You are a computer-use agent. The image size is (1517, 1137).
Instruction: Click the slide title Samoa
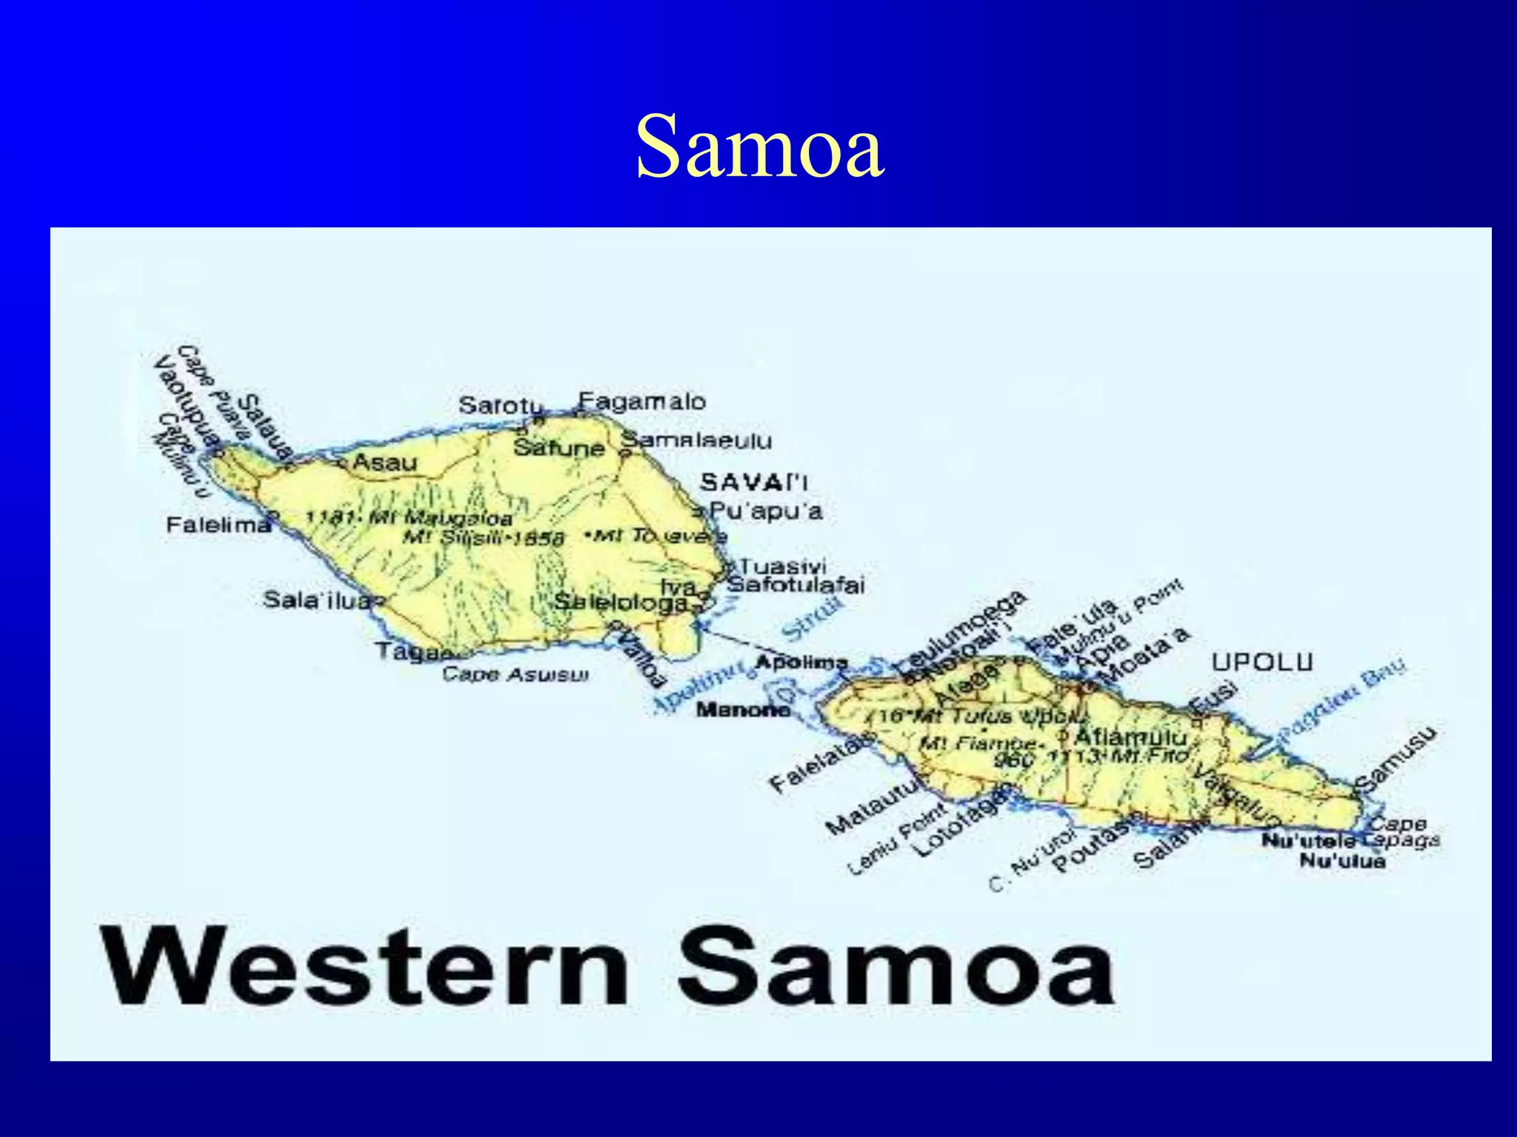759,147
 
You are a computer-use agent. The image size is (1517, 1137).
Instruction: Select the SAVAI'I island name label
754,483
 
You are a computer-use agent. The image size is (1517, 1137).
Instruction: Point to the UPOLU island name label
1262,662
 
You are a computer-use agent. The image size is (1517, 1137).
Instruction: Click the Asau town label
384,463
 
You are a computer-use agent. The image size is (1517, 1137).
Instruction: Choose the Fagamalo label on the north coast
641,402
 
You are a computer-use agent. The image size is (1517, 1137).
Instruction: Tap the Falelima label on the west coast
219,525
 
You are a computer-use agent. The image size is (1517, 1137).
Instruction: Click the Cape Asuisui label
516,674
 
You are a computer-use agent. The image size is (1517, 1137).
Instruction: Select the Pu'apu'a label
766,511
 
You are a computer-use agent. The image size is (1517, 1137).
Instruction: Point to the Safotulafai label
795,586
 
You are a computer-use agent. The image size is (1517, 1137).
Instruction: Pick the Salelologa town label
621,603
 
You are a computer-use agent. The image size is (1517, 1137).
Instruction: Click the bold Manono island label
743,710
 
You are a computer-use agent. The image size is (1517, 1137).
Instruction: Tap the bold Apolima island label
801,662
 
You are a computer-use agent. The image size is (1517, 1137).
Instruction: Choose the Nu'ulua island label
1342,861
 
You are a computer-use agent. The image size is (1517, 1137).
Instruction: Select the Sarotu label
500,406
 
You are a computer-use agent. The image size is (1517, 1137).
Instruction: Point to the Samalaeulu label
696,440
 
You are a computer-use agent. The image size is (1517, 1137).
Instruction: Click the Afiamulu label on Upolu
1130,737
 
